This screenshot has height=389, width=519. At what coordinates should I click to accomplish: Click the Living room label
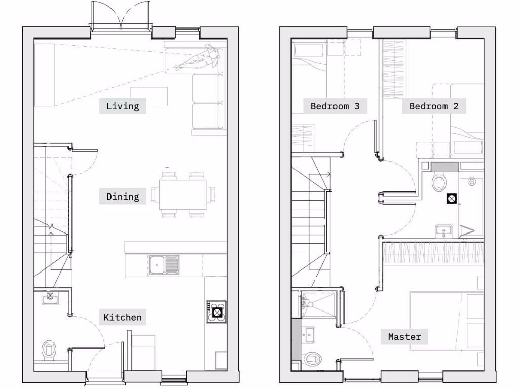pos(123,106)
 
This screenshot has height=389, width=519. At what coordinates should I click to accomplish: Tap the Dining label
pos(123,197)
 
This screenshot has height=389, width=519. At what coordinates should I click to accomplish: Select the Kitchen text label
pos(123,318)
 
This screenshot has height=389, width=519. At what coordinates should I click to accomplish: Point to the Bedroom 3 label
pos(335,106)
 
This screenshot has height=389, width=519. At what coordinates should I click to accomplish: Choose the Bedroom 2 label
pos(434,106)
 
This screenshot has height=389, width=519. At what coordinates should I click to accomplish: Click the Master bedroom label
pos(404,336)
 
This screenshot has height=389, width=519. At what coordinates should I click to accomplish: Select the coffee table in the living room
pos(149,96)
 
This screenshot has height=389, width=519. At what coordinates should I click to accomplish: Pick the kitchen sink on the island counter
pos(164,265)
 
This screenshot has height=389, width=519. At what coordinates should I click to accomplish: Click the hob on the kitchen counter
pos(216,312)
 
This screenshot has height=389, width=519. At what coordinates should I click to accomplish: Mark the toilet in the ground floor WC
pos(50,349)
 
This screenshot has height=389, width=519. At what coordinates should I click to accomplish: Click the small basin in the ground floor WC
pos(51,297)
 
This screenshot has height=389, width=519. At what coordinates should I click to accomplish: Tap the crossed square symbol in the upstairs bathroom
pos(451,199)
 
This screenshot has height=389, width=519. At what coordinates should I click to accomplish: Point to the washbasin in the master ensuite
pos(307,334)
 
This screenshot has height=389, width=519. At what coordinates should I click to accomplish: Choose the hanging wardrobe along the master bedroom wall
pos(431,252)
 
